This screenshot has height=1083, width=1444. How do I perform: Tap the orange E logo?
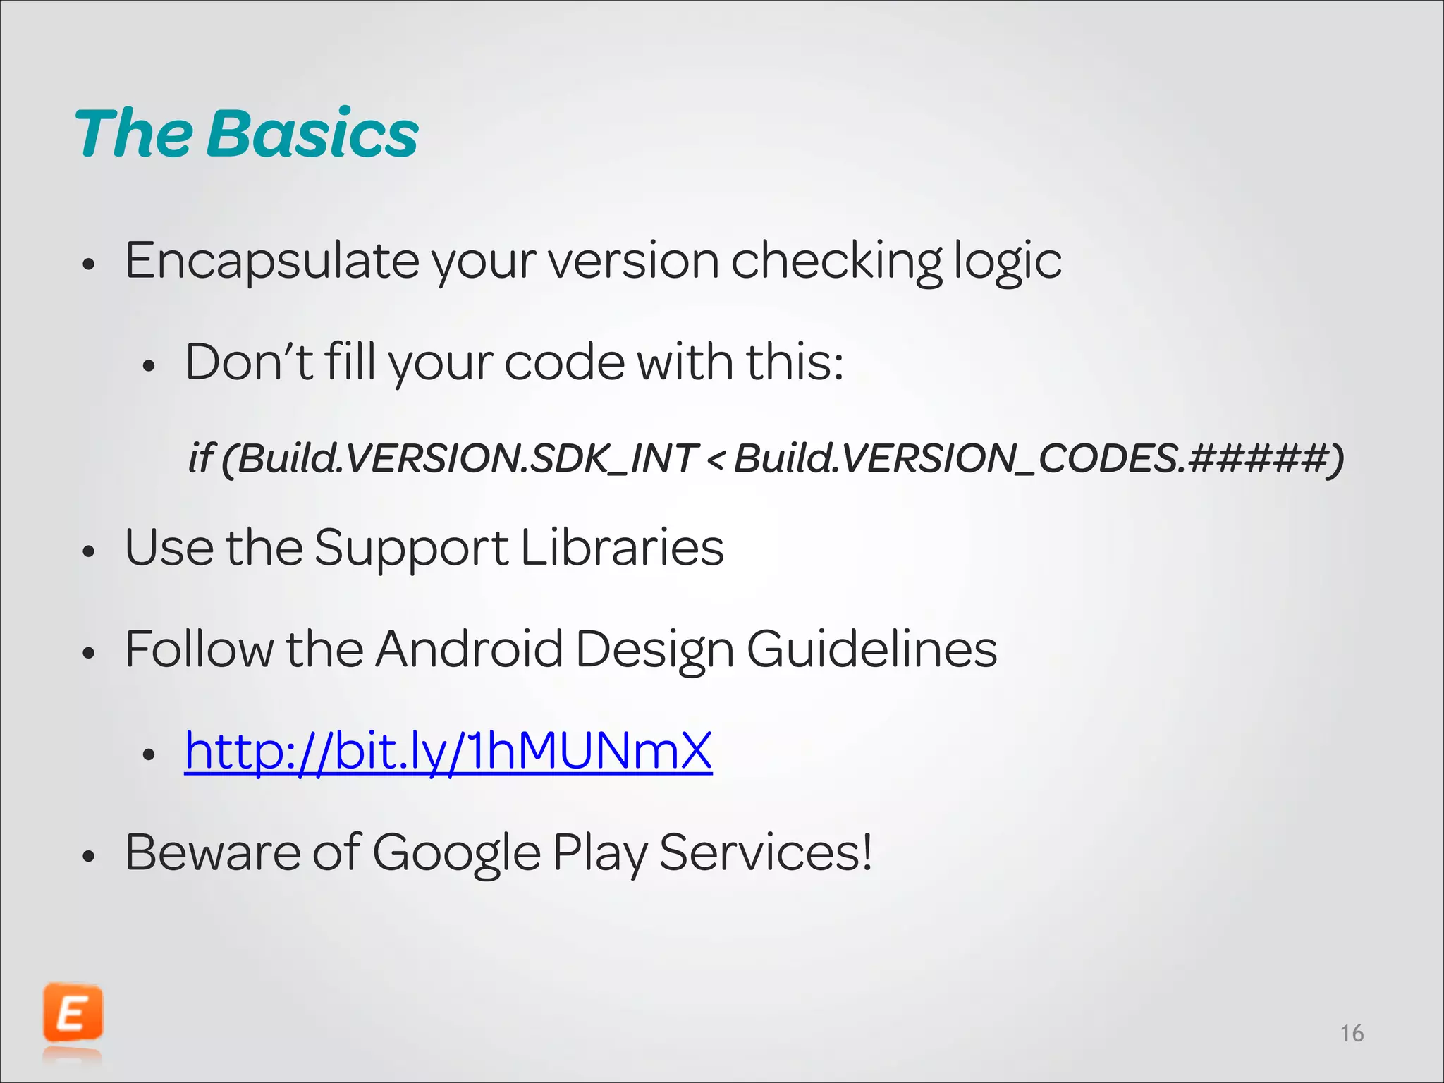[73, 1014]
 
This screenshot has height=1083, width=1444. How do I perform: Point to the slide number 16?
[1352, 1034]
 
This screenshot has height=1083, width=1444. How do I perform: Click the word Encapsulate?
[271, 262]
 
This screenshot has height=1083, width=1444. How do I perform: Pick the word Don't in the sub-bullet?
[248, 362]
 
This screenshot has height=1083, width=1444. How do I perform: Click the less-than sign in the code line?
[715, 460]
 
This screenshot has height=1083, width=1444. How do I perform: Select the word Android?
[469, 649]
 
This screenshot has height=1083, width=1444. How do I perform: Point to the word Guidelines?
[871, 649]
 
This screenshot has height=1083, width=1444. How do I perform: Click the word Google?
[456, 853]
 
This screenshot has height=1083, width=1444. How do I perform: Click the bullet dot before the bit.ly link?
[148, 754]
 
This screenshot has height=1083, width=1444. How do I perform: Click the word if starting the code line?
[200, 458]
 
